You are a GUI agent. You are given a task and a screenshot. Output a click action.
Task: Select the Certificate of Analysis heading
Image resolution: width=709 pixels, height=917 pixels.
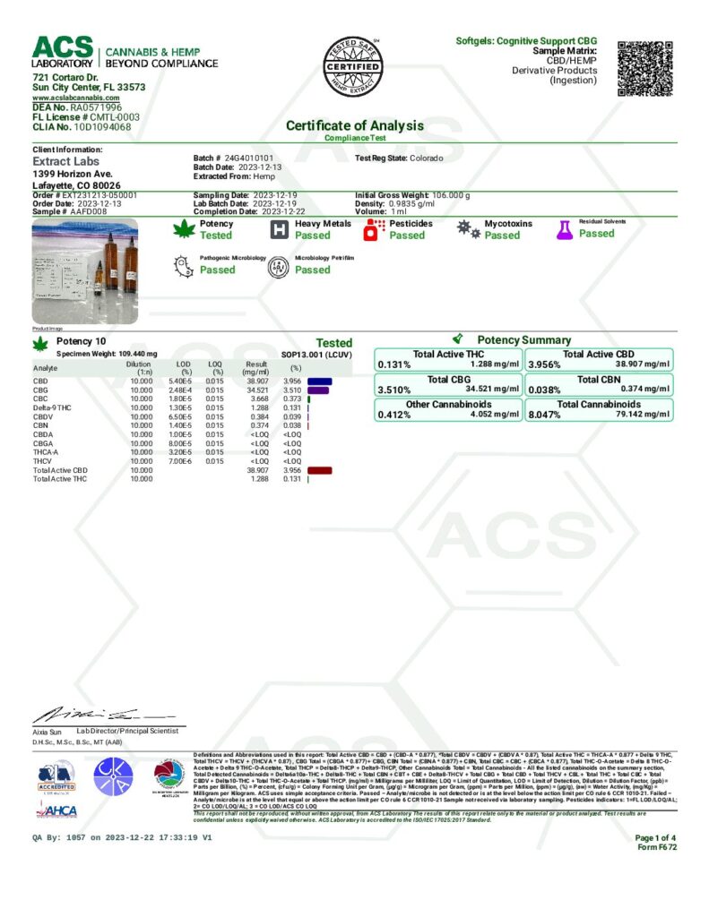point(354,126)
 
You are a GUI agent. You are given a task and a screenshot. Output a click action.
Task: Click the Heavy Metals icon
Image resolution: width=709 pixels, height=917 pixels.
point(280,230)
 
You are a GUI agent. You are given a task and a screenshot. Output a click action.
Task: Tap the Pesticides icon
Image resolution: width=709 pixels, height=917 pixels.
point(374,230)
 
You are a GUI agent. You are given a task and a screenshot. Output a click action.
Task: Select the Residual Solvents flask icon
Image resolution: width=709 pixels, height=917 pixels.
point(565,230)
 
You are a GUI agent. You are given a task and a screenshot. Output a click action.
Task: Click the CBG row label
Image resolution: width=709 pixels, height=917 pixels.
point(41,390)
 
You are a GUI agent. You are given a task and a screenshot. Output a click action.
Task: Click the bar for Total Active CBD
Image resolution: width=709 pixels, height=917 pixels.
point(319,469)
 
